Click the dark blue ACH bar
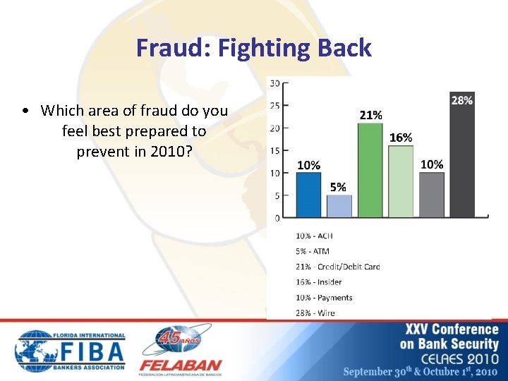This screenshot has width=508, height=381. [308, 195]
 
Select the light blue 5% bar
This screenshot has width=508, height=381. [339, 206]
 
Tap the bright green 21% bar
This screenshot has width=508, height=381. [370, 170]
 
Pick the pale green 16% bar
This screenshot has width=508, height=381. [401, 181]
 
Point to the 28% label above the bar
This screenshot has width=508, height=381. [462, 101]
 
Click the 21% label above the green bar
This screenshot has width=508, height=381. [371, 114]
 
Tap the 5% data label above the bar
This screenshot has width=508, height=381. [338, 187]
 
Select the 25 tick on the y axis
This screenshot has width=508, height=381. [275, 106]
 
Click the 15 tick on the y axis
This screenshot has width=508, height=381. [275, 150]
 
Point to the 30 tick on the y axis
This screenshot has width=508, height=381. [275, 83]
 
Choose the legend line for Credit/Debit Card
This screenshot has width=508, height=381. [338, 267]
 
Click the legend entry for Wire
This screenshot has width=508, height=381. [315, 313]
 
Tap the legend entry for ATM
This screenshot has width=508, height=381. [313, 251]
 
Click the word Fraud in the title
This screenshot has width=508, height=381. [172, 48]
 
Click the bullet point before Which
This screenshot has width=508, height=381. [25, 111]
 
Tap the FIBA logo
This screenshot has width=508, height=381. [71, 351]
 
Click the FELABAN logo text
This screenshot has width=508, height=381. [181, 366]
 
